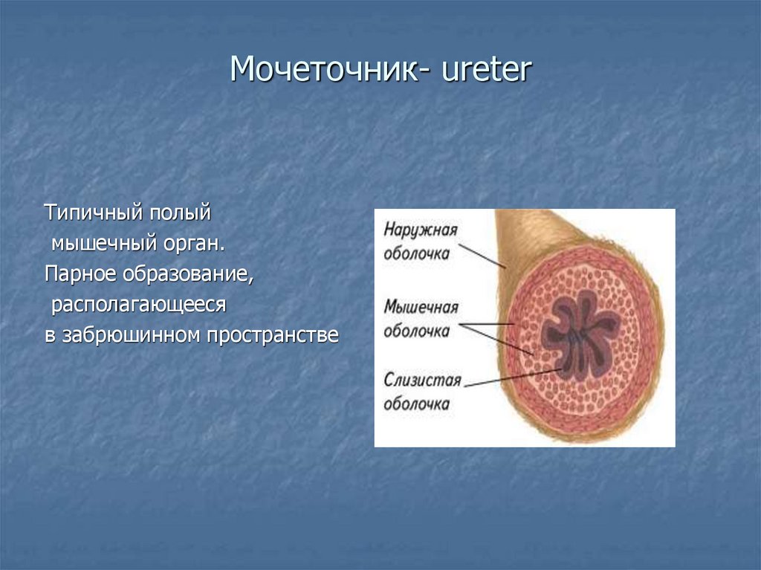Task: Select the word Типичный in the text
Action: (94, 213)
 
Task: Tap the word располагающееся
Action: (138, 304)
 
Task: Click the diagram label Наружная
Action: (421, 230)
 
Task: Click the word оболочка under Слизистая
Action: (417, 404)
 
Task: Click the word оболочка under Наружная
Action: (417, 253)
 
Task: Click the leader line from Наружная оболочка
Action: (479, 253)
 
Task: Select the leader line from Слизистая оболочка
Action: (513, 377)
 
